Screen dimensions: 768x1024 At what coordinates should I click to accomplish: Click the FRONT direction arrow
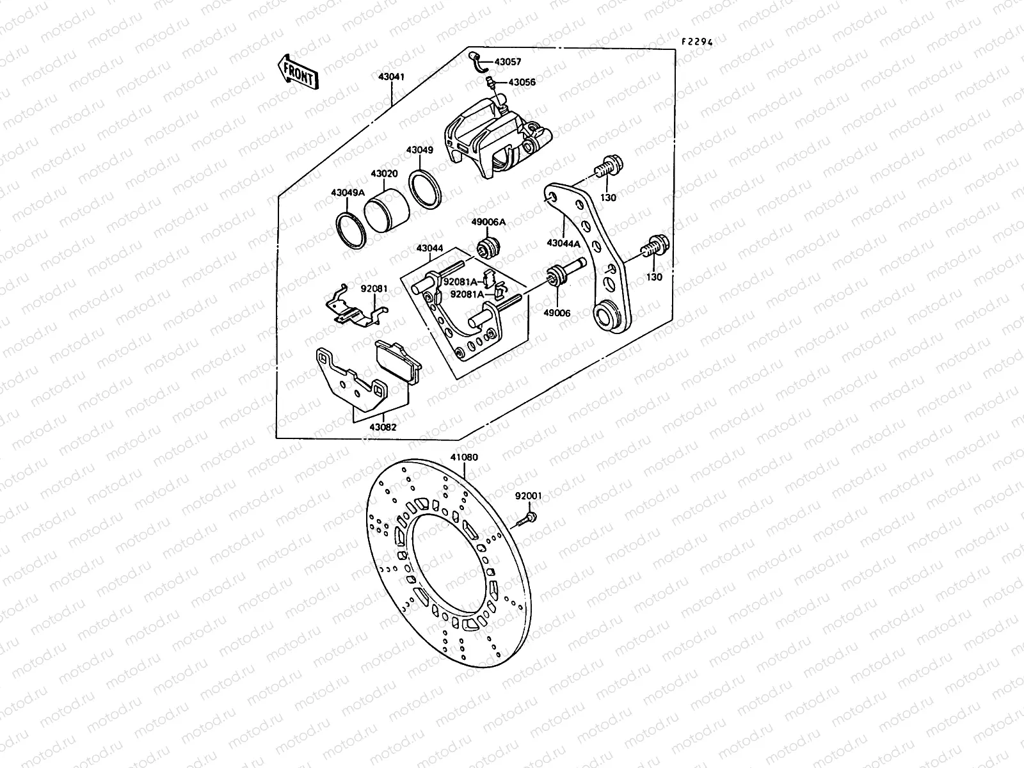click(x=297, y=72)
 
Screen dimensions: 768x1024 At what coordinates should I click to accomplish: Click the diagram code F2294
click(x=696, y=42)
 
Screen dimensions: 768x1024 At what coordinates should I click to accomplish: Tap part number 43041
click(x=391, y=77)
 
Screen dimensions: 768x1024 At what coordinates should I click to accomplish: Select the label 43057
click(x=508, y=62)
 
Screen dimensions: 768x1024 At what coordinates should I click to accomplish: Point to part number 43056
click(x=522, y=83)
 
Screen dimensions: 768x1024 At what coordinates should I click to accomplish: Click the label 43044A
click(x=563, y=243)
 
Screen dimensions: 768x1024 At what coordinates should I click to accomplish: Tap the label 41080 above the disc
click(x=464, y=458)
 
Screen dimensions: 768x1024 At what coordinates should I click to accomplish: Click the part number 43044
click(x=429, y=248)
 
